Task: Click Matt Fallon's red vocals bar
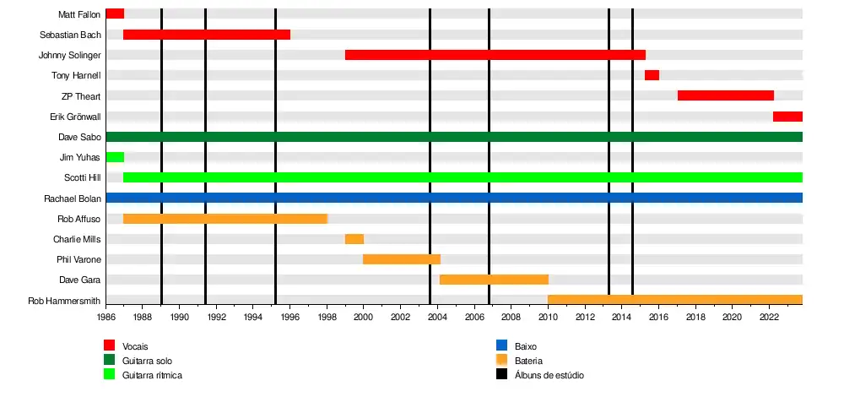[115, 14]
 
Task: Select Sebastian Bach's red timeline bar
[207, 35]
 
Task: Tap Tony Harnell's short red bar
[652, 75]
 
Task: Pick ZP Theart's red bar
[725, 95]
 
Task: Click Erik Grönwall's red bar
[787, 116]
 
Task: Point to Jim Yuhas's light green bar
[115, 157]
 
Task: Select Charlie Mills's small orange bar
[354, 239]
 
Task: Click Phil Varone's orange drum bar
[402, 259]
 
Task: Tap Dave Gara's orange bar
[494, 280]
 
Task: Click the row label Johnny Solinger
[70, 56]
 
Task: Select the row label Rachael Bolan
[73, 198]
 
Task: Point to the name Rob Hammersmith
[64, 301]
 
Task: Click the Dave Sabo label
[80, 137]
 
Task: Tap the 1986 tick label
[106, 318]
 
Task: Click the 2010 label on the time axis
[549, 318]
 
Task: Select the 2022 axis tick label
[769, 318]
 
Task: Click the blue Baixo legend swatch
[501, 346]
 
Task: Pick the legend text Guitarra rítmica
[152, 375]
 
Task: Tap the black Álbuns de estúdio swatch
[501, 374]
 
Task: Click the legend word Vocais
[136, 346]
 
